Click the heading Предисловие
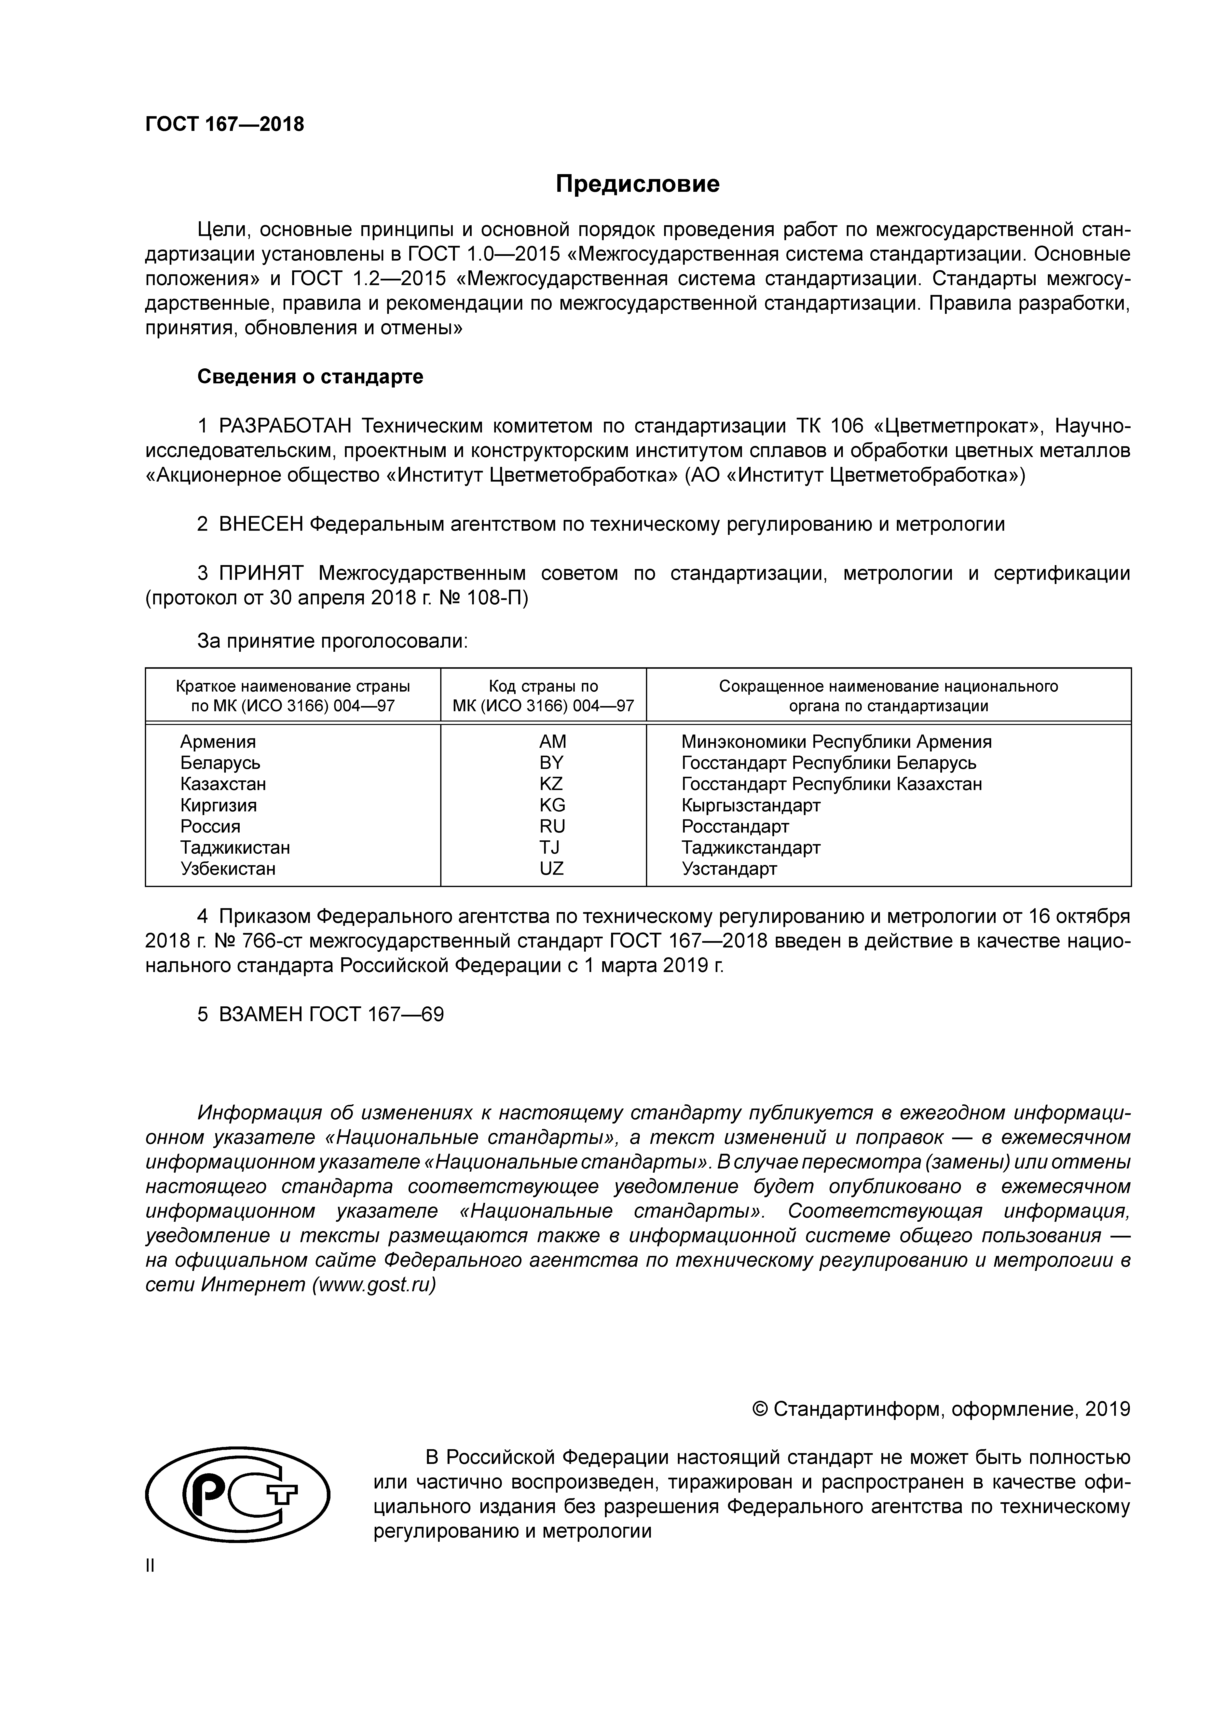637,184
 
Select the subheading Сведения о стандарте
310,377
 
